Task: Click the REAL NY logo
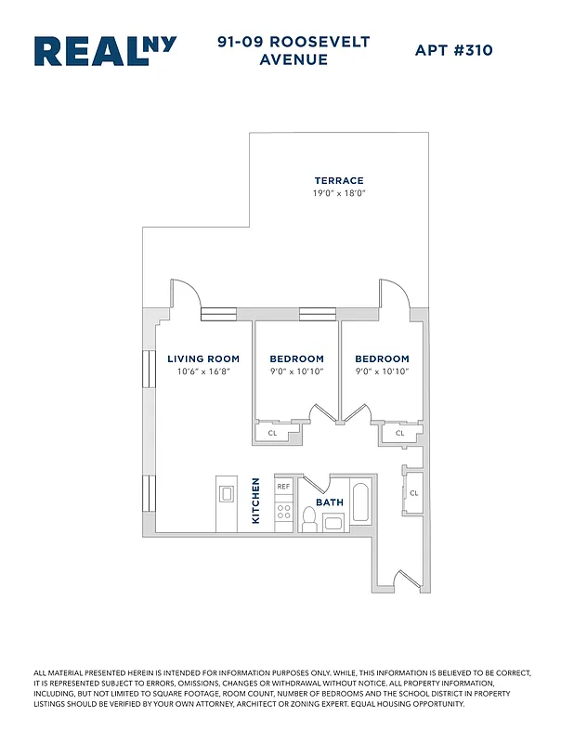click(105, 51)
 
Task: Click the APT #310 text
click(453, 50)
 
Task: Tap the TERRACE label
click(338, 180)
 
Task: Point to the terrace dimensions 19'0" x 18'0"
click(338, 193)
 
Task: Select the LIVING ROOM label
click(203, 358)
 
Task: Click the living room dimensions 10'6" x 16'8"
click(203, 371)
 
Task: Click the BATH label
click(330, 502)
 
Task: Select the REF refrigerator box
click(283, 486)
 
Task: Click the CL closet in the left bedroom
click(273, 434)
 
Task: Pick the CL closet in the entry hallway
click(413, 492)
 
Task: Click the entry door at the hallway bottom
click(400, 583)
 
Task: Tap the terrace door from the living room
click(185, 295)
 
